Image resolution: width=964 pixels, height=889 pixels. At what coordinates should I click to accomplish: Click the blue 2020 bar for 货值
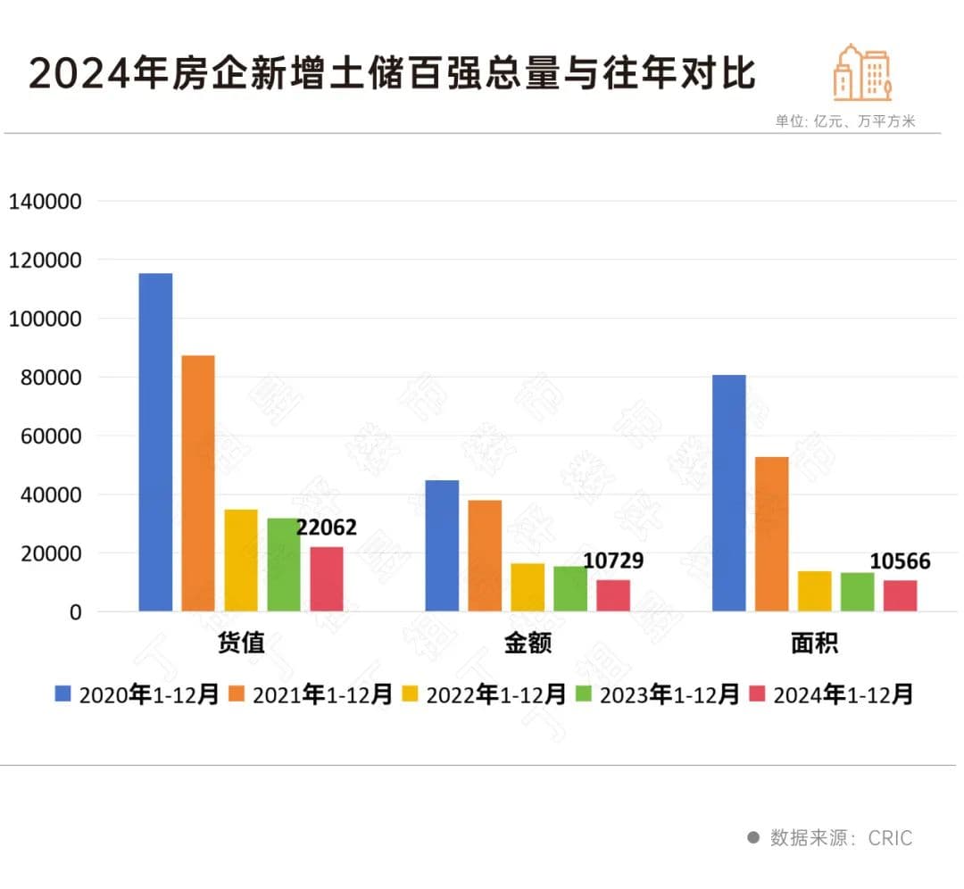point(155,442)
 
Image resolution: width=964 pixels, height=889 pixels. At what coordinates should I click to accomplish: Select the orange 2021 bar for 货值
point(198,483)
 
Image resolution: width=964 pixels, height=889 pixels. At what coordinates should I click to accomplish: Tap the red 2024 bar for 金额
point(613,595)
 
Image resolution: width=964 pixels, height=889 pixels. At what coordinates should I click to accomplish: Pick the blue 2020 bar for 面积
point(729,493)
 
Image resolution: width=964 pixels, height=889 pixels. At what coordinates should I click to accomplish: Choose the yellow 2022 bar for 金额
point(528,587)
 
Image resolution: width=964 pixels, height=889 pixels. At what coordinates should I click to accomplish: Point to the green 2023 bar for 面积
point(858,592)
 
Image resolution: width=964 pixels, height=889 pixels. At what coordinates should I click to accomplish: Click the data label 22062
point(327,528)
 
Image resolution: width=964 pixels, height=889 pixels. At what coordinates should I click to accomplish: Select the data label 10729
point(613,561)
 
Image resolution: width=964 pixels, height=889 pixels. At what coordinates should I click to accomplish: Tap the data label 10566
point(900,561)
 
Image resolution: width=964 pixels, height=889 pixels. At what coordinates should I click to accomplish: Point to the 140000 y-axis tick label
point(46,202)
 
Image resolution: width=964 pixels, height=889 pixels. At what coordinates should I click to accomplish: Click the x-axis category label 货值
point(241,644)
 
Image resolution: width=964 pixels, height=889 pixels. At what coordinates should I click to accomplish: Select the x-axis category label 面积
point(814,644)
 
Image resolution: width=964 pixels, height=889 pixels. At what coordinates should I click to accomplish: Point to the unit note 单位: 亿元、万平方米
point(845,121)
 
